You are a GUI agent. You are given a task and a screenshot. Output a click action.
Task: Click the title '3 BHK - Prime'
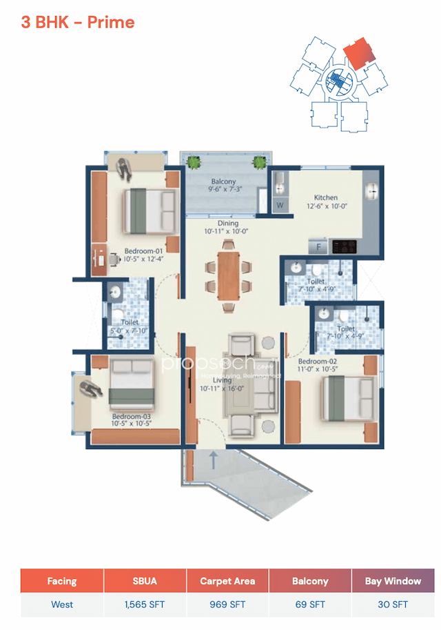coord(78,22)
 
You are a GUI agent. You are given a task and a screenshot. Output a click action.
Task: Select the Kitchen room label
coord(325,197)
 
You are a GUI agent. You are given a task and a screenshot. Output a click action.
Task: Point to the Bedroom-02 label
coord(318,362)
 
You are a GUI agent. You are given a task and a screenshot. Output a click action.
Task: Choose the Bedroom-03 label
coord(131,417)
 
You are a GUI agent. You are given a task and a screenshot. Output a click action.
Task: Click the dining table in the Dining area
coord(227,271)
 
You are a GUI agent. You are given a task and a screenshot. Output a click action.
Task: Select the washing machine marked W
coord(280,205)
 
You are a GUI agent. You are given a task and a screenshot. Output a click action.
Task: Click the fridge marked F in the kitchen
coord(319,246)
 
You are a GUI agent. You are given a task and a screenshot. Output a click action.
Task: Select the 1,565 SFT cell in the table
coord(145,604)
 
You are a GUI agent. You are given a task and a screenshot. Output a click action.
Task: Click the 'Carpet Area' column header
coord(227,581)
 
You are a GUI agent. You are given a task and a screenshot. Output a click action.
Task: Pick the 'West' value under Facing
coord(62,604)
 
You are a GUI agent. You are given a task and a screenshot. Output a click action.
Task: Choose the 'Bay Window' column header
coord(393,581)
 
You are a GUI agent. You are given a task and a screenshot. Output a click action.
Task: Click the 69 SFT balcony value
coord(310,604)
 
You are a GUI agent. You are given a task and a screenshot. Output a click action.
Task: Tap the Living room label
coord(222,380)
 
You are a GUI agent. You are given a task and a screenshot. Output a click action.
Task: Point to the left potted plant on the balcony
coord(194,163)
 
